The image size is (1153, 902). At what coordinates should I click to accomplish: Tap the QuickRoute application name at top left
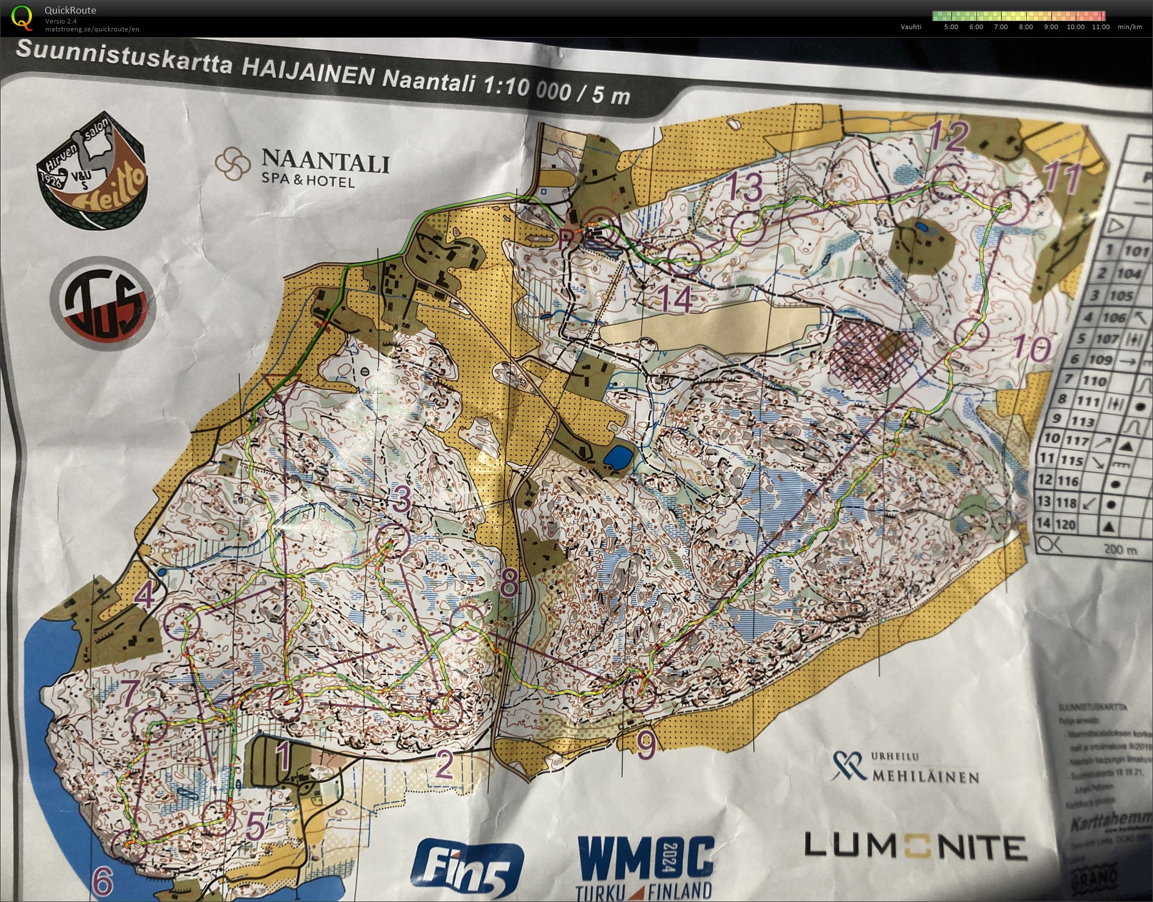pos(70,10)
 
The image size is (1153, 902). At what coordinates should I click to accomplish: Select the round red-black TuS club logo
pos(103,303)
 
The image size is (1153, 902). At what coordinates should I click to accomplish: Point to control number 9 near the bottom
pos(646,745)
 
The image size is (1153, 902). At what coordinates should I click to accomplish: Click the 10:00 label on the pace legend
pos(1075,27)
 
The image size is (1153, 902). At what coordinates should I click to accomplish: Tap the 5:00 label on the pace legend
pos(951,27)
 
